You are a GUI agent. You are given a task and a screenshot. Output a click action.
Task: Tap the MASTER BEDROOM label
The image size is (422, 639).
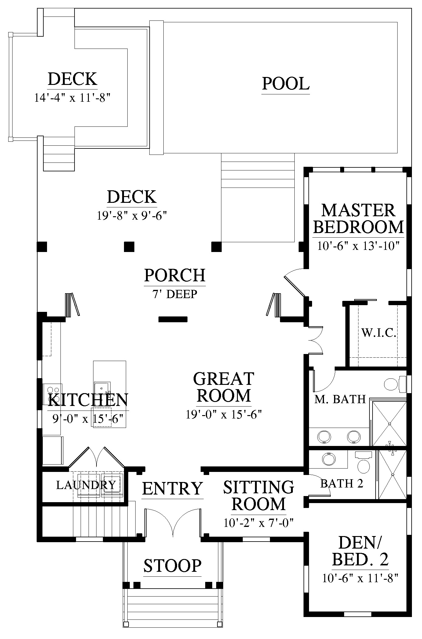(358, 219)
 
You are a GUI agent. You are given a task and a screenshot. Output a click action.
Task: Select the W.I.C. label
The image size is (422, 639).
(379, 332)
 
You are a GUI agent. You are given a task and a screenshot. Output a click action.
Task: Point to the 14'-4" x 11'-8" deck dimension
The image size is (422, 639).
(72, 98)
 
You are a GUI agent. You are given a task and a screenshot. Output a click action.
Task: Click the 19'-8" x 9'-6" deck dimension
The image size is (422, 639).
(132, 216)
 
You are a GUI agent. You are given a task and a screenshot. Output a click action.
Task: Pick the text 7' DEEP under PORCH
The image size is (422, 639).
(175, 294)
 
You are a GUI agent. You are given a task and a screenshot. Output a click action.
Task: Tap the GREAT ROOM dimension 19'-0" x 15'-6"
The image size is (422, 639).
(224, 414)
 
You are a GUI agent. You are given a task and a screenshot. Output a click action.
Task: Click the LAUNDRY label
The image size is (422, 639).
(86, 485)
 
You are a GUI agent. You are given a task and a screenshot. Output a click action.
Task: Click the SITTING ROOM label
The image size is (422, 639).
(259, 495)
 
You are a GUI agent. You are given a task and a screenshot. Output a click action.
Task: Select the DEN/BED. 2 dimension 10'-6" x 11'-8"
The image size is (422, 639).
(360, 578)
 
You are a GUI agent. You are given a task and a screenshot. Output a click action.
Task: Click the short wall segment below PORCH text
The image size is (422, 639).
(173, 319)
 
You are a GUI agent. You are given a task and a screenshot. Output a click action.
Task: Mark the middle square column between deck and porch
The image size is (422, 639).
(129, 246)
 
